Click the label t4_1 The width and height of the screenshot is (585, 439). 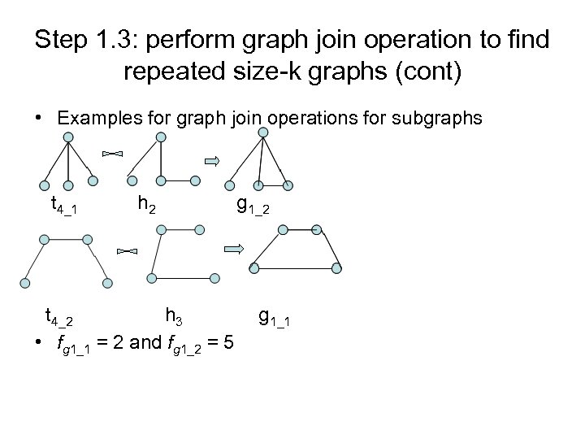(x=63, y=205)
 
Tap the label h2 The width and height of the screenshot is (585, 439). (x=145, y=204)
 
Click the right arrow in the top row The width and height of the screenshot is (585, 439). (x=213, y=162)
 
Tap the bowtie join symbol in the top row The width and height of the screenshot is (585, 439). (x=112, y=152)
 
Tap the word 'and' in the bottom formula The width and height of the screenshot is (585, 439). (x=145, y=343)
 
